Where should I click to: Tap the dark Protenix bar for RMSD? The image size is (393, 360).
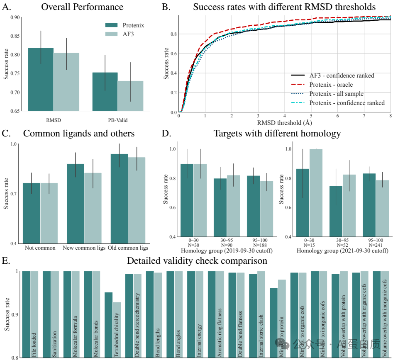[x=41, y=79]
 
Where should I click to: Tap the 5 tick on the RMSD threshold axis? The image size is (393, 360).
[x=311, y=116]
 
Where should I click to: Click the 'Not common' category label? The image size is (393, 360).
[x=40, y=248]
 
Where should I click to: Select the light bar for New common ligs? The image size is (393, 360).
[x=93, y=208]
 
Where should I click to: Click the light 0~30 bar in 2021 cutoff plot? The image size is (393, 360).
[x=318, y=193]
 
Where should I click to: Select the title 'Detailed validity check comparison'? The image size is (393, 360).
[x=197, y=261]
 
